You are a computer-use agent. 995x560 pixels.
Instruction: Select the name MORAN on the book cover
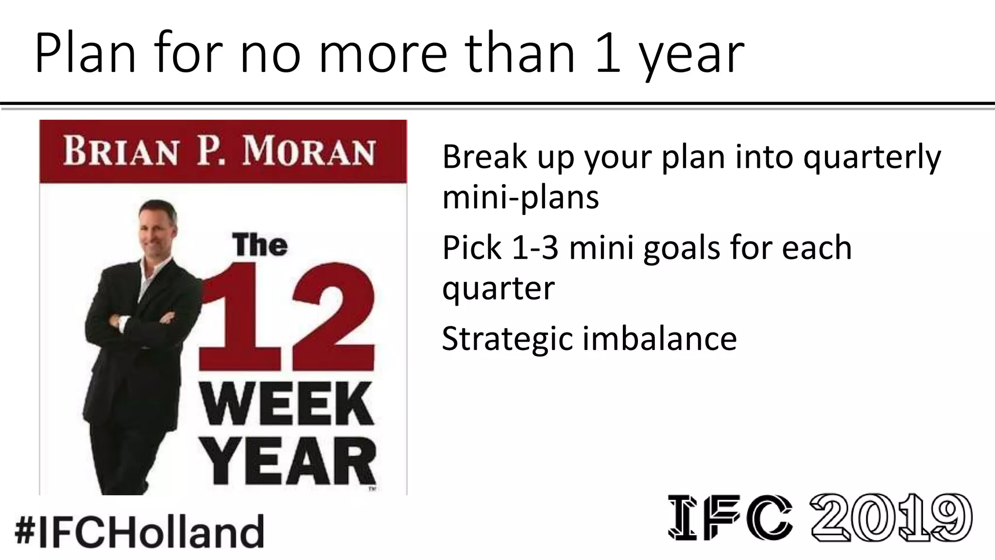click(309, 152)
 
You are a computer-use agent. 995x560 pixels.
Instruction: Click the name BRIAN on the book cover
click(120, 152)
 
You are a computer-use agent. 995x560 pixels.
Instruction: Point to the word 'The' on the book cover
click(259, 245)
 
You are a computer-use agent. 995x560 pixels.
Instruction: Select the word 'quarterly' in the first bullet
click(872, 157)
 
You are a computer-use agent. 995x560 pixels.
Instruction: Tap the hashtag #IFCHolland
click(139, 531)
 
